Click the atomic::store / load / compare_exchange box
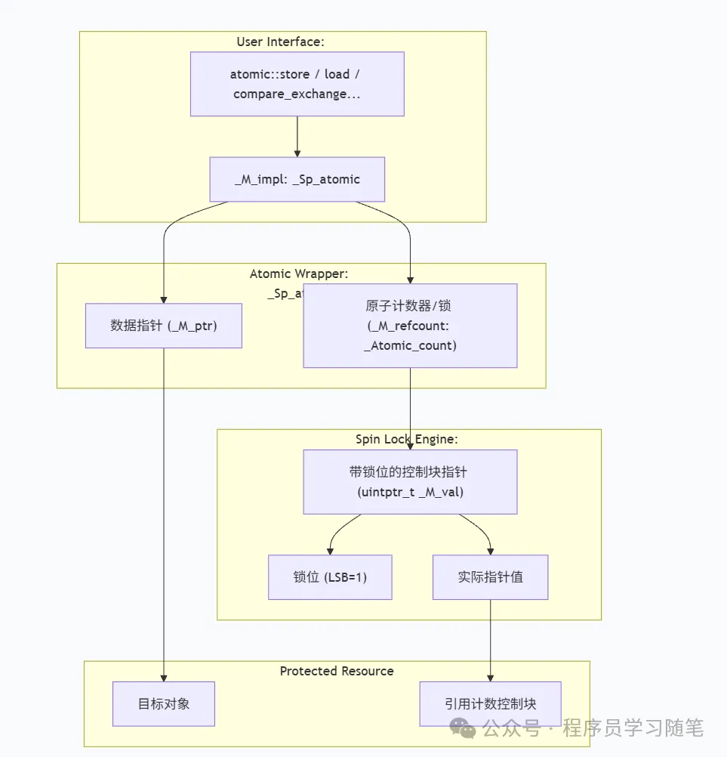coord(297,84)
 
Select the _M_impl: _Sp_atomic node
coord(297,179)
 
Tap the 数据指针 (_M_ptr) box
coord(164,326)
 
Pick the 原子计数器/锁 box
coord(410,326)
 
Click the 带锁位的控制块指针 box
coord(410,481)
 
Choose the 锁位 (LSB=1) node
coord(330,577)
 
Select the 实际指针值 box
coord(490,577)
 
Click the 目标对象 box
coord(164,703)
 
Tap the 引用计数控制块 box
coord(490,703)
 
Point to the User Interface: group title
coord(280,42)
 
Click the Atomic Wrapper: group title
coord(299,273)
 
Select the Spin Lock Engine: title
coord(407,439)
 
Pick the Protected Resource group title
coord(337,671)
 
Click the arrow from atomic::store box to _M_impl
coord(297,136)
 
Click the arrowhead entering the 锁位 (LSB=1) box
coord(330,551)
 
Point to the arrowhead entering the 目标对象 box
coord(164,677)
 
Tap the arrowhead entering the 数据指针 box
coord(164,299)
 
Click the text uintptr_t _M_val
coord(410,492)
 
